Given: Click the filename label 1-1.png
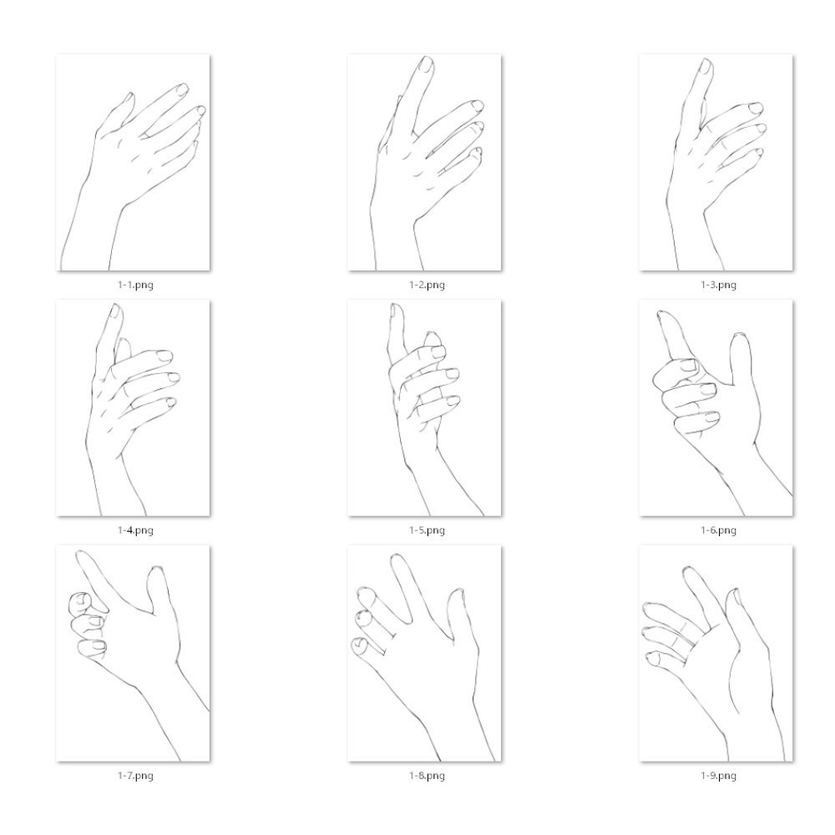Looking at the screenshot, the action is click(135, 285).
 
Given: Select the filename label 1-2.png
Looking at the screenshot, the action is click(427, 285).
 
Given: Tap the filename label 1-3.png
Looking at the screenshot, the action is click(718, 285).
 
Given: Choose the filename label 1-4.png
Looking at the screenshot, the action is click(135, 530).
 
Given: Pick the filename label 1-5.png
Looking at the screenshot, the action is click(427, 530).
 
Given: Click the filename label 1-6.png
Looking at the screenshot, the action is click(718, 530).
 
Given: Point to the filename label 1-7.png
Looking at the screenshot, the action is click(135, 776).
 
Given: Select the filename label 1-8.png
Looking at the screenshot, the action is click(427, 776).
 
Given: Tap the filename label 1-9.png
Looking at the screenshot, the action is click(718, 776).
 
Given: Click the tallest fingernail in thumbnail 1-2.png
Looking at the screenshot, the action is click(427, 64).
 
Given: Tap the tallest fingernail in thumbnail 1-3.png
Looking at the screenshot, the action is click(706, 67).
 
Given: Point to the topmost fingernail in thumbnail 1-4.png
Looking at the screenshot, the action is click(115, 311).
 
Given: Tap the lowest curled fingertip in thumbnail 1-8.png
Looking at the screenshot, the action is click(360, 645).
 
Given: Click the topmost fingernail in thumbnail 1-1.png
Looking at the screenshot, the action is click(183, 89).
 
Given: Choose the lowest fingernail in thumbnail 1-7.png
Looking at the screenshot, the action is click(99, 646).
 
